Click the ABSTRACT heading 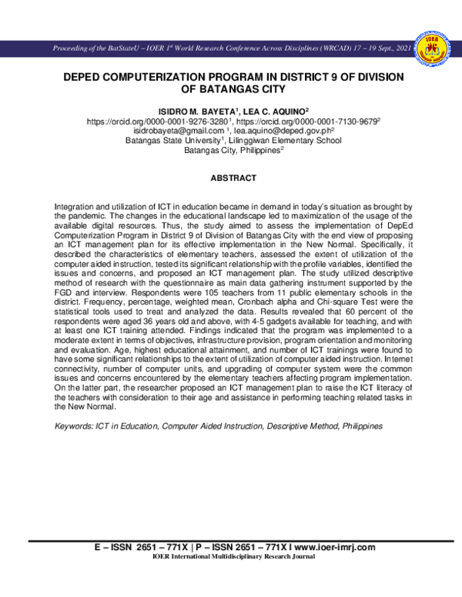[233, 178]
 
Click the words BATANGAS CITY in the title [233, 89]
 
